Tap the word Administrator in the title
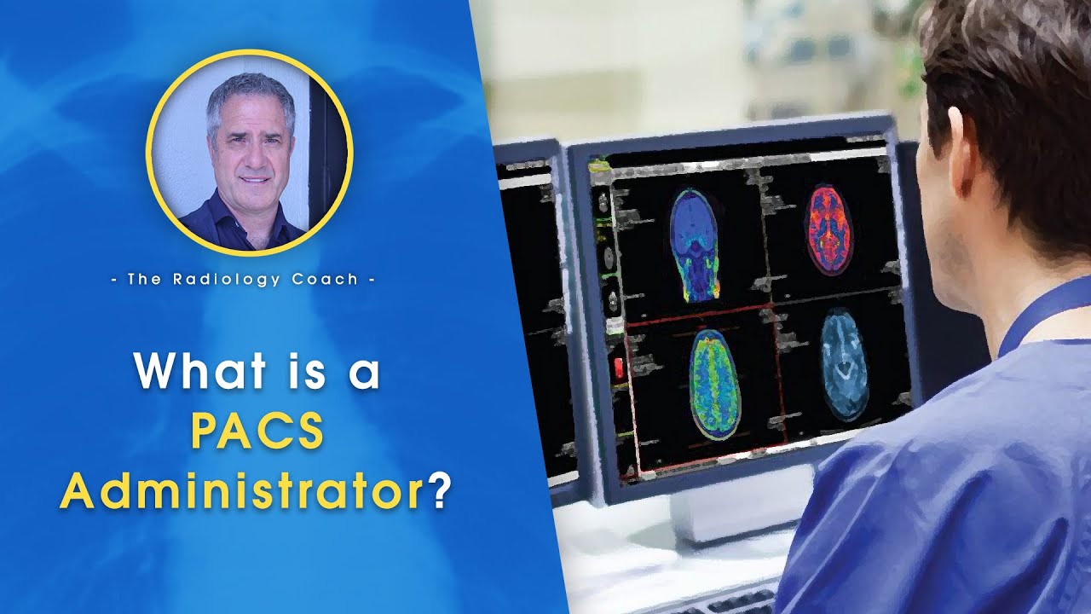241,492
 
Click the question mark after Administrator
439,492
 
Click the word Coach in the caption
328,279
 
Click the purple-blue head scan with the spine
695,244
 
